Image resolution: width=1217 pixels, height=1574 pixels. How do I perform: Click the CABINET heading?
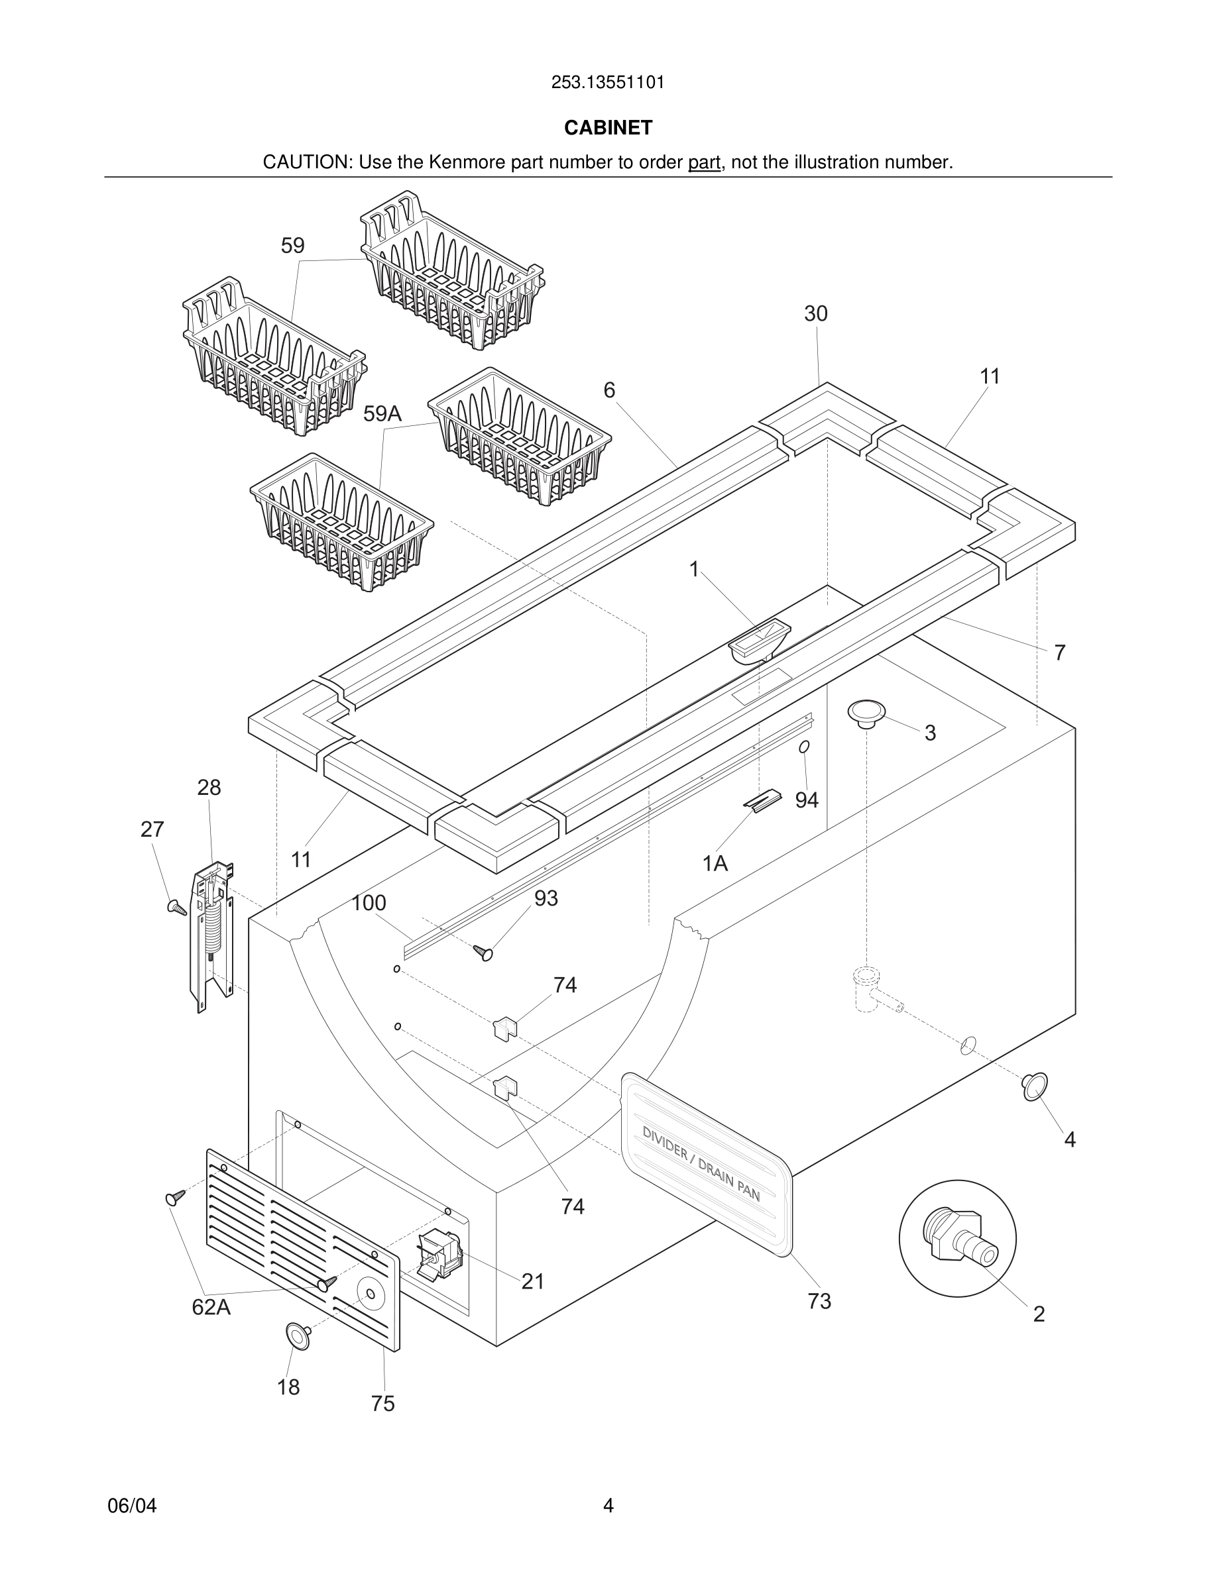[608, 128]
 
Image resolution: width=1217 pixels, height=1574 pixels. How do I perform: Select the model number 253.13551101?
[608, 83]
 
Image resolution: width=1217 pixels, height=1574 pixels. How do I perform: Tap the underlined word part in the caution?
[704, 163]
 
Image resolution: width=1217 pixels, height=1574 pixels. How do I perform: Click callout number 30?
[815, 313]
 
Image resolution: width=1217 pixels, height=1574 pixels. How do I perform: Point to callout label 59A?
[382, 413]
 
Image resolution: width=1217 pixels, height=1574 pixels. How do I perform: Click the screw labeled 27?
[176, 908]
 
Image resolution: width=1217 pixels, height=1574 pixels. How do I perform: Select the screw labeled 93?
[483, 953]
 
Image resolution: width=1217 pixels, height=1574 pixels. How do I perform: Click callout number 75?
[383, 1404]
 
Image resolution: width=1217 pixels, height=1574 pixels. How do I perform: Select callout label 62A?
[211, 1307]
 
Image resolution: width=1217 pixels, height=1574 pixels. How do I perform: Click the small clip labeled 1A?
[762, 802]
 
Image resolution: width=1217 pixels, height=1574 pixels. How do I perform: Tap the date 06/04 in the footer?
[132, 1506]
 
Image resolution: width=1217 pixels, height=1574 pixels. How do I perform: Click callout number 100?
[369, 903]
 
